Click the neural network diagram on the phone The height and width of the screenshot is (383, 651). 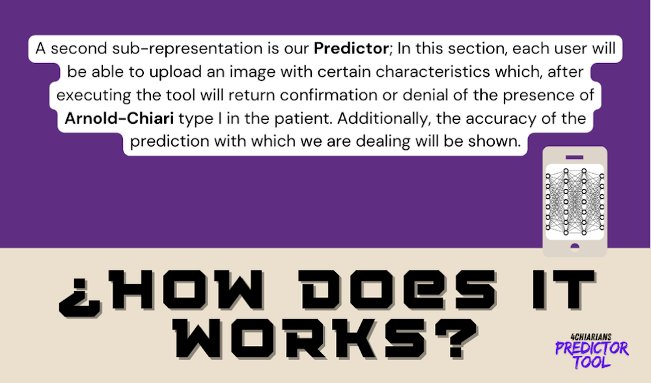[575, 201]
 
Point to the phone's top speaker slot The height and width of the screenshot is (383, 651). [575, 156]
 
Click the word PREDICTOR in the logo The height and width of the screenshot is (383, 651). [592, 348]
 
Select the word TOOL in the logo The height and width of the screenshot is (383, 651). [592, 362]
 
